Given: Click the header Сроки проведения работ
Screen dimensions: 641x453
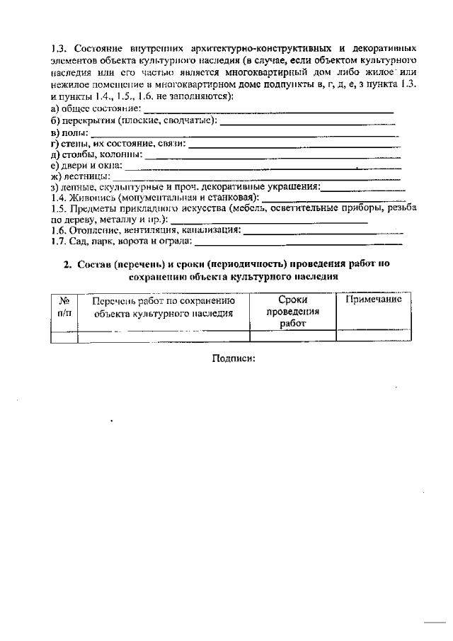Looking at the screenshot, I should tap(292, 312).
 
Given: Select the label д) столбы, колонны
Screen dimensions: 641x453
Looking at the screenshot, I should tap(97, 154).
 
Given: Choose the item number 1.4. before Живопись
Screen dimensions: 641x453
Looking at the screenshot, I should tap(59, 198).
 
